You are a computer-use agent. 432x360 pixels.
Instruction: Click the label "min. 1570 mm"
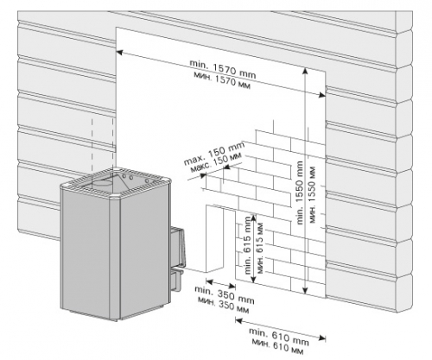(222, 69)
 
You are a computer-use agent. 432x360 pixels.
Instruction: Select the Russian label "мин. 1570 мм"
(222, 80)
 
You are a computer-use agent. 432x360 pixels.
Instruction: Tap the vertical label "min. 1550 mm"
(300, 193)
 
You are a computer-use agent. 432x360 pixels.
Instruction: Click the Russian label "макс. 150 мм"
(216, 163)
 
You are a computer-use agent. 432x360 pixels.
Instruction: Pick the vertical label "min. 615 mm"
(248, 244)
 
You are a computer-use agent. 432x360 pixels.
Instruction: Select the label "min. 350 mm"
(225, 295)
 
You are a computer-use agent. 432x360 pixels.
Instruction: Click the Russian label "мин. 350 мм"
(223, 305)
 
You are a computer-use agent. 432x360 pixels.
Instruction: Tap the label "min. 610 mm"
(279, 337)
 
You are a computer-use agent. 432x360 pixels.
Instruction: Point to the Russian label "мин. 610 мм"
(277, 347)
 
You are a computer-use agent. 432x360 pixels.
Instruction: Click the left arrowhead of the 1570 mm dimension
(119, 53)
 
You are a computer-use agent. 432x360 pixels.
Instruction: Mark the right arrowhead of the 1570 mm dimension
(322, 95)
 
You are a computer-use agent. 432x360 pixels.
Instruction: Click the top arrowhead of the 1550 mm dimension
(305, 71)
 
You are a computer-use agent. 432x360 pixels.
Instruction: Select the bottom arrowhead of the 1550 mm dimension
(305, 291)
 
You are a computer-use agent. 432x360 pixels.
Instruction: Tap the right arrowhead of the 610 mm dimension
(322, 338)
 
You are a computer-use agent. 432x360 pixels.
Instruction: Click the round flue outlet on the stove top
(102, 183)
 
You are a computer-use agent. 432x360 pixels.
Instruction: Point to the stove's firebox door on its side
(178, 248)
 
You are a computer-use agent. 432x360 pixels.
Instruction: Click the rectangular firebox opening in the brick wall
(214, 239)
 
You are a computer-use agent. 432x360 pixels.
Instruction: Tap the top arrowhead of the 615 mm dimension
(253, 218)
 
